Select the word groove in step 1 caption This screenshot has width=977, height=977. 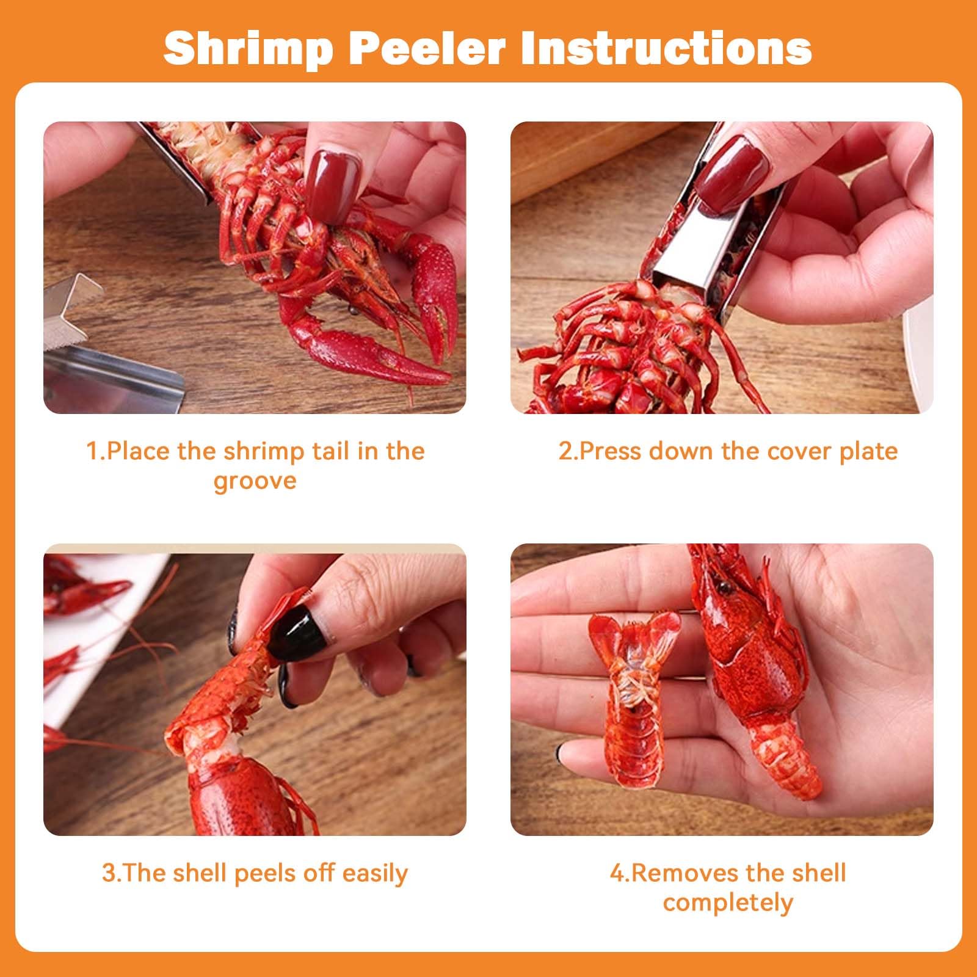[255, 482]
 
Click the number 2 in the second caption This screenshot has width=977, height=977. [564, 451]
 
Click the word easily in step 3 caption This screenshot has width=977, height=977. [375, 874]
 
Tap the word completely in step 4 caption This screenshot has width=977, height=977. [728, 903]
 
